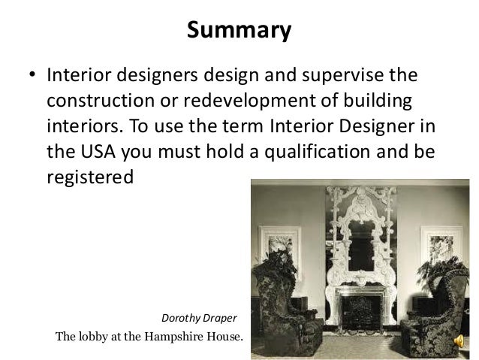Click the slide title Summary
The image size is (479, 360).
[x=239, y=32]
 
